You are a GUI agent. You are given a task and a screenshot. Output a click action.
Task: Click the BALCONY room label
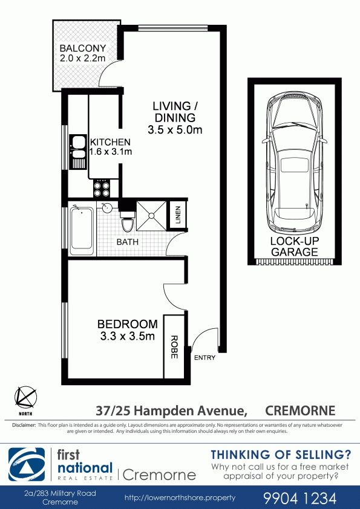click(x=82, y=48)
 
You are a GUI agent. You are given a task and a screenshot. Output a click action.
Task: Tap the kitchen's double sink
click(x=78, y=152)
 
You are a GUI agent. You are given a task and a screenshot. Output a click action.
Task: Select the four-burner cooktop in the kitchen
click(x=102, y=189)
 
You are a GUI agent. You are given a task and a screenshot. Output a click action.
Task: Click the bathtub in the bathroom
click(x=81, y=229)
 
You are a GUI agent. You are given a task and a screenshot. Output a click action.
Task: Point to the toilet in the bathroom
click(x=127, y=221)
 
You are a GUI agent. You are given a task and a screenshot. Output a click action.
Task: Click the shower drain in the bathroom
click(x=151, y=215)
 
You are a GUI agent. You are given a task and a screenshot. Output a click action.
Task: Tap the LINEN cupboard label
click(x=177, y=215)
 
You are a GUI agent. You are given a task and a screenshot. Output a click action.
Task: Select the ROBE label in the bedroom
click(x=174, y=347)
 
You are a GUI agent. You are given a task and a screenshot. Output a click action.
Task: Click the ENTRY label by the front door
click(x=205, y=357)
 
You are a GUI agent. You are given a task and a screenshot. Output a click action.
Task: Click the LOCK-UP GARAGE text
click(x=295, y=247)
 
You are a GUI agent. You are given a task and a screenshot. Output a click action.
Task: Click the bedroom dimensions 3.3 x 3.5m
click(x=127, y=336)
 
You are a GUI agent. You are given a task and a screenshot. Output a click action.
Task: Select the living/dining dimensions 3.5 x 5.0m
click(x=175, y=130)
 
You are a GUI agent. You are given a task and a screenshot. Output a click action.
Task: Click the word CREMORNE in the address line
click(x=300, y=410)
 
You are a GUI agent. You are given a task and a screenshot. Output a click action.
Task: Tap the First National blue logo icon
click(x=27, y=464)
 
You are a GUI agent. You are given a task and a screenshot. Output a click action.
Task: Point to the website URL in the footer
click(x=180, y=498)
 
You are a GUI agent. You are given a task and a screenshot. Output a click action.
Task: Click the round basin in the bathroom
click(x=106, y=207)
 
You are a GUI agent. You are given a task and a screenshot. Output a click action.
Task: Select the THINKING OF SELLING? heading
click(x=281, y=455)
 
